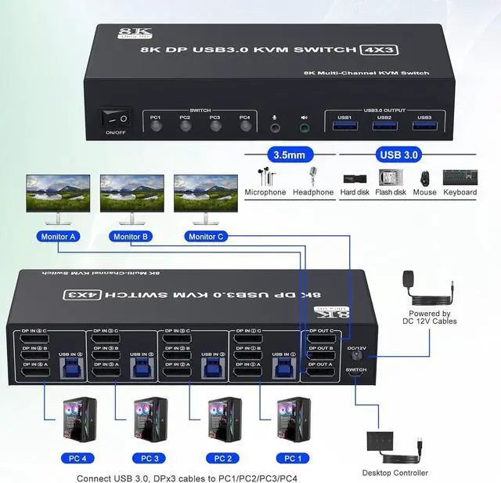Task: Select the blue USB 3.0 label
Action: click(x=399, y=154)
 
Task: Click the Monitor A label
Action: click(x=57, y=236)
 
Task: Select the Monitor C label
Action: click(x=205, y=236)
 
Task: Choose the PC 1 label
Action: click(x=291, y=457)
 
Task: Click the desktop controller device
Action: click(x=389, y=444)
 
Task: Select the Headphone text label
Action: click(x=313, y=192)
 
